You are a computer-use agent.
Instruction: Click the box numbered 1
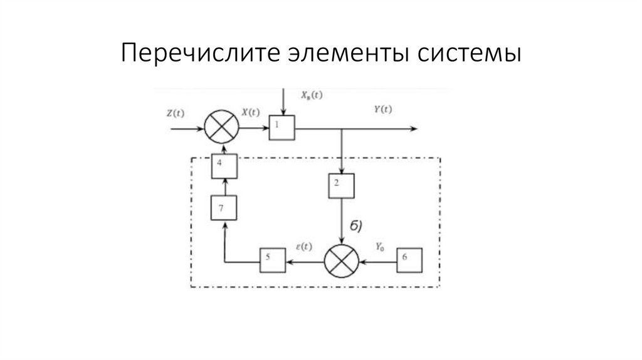pyautogui.click(x=281, y=128)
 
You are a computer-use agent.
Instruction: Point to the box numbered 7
pyautogui.click(x=224, y=208)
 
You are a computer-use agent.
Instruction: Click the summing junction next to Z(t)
pyautogui.click(x=223, y=128)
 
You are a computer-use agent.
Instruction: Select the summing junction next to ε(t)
pyautogui.click(x=341, y=260)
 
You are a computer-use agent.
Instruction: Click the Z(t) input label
pyautogui.click(x=176, y=114)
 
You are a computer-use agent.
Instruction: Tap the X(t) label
pyautogui.click(x=250, y=113)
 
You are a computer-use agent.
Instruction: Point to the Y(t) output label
pyautogui.click(x=382, y=109)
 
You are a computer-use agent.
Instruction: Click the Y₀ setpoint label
pyautogui.click(x=380, y=248)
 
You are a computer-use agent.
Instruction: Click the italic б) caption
pyautogui.click(x=355, y=226)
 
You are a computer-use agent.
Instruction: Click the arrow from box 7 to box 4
pyautogui.click(x=224, y=186)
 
